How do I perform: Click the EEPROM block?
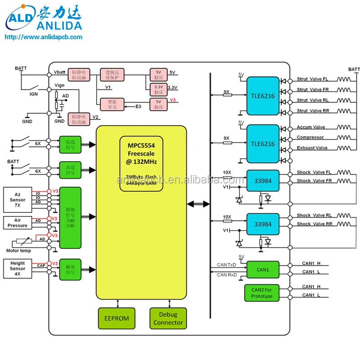[x=117, y=318]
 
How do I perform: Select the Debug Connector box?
[x=168, y=318]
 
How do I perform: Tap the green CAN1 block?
[x=263, y=270]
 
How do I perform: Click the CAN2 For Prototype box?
[x=262, y=292]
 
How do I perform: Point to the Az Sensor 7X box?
[x=18, y=198]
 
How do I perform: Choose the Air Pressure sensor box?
[x=18, y=222]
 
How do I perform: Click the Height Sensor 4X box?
[x=18, y=269]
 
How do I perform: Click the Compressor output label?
[x=310, y=137]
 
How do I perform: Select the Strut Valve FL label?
[x=312, y=79]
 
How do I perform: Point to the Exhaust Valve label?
[x=312, y=148]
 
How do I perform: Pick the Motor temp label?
[x=18, y=251]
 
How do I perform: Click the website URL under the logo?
[x=43, y=37]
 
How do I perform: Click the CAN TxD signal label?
[x=226, y=265]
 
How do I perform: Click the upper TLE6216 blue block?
[x=262, y=96]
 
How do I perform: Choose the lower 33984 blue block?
[x=262, y=224]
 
